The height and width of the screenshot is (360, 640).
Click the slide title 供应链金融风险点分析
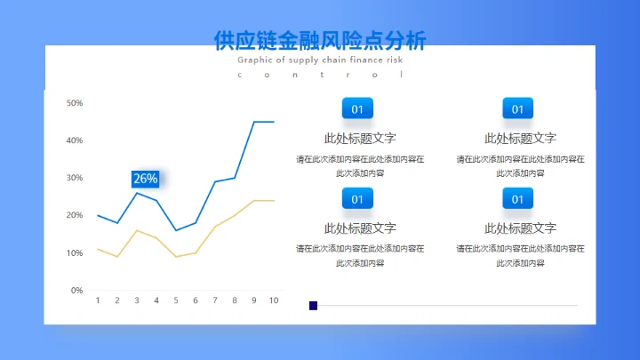[320, 41]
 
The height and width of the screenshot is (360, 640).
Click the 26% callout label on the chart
[145, 179]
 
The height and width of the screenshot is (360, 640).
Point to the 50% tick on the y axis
[76, 103]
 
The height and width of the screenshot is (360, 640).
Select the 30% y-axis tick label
[76, 178]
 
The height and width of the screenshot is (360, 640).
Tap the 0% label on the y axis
[77, 290]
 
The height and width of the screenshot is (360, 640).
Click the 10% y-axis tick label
[76, 253]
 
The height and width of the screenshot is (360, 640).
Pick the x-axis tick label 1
[98, 300]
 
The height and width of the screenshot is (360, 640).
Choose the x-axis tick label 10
[274, 300]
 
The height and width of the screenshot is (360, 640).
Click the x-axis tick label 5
[176, 300]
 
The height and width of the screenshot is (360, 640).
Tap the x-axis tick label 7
[215, 300]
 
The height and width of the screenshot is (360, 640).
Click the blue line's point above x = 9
[254, 122]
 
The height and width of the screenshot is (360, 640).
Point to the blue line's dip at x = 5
[176, 230]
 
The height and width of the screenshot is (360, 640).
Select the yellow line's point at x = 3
[137, 230]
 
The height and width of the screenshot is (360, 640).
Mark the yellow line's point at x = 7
[215, 227]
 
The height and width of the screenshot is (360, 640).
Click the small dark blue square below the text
[313, 305]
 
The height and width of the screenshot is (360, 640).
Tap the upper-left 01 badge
[357, 109]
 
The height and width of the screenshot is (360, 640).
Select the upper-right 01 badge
[517, 109]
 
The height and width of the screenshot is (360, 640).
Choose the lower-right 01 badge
[517, 199]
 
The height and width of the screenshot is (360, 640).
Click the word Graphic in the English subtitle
[255, 60]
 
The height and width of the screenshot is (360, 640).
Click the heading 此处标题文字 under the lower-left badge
[360, 228]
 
